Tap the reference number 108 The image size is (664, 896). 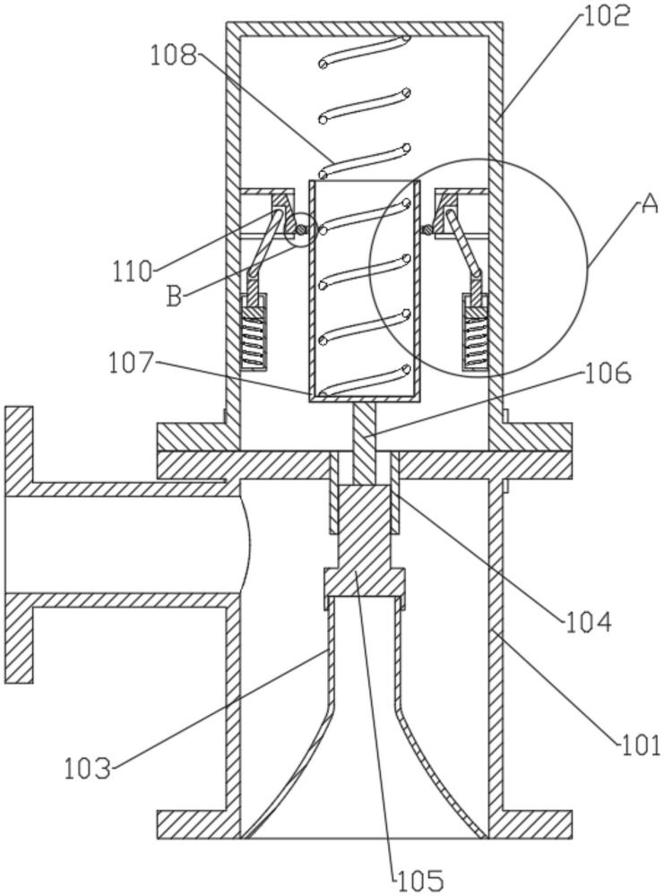174,56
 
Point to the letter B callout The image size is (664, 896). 177,296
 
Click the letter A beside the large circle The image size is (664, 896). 649,204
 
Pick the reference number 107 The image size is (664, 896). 132,364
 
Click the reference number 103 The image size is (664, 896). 88,767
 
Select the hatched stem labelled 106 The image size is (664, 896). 366,439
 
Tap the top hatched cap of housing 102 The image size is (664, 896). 366,30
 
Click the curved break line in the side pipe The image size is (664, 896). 248,545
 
